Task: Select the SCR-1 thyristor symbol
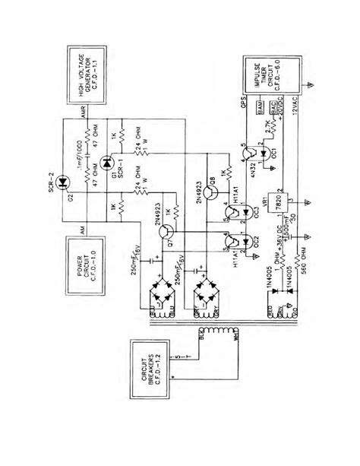tap(108, 160)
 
